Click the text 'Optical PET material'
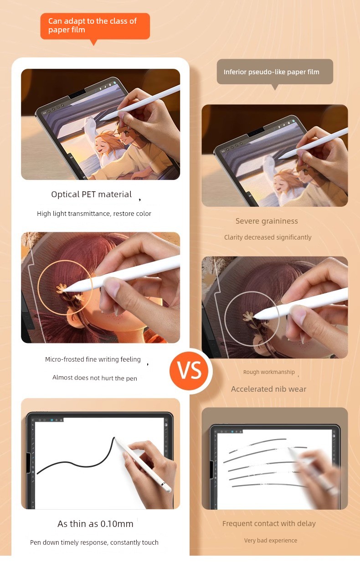click(x=92, y=194)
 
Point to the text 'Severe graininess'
click(x=267, y=221)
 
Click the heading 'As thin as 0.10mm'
click(x=95, y=524)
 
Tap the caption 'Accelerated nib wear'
click(x=268, y=389)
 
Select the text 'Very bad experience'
click(x=271, y=540)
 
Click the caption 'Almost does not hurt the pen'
click(x=95, y=378)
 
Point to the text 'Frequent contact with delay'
click(x=269, y=523)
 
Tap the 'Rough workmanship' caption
click(x=269, y=372)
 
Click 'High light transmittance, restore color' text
click(x=94, y=214)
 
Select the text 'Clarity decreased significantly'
click(x=268, y=237)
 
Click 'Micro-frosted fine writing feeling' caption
click(x=93, y=359)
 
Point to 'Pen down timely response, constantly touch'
click(x=94, y=542)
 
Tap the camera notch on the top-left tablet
click(x=77, y=94)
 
